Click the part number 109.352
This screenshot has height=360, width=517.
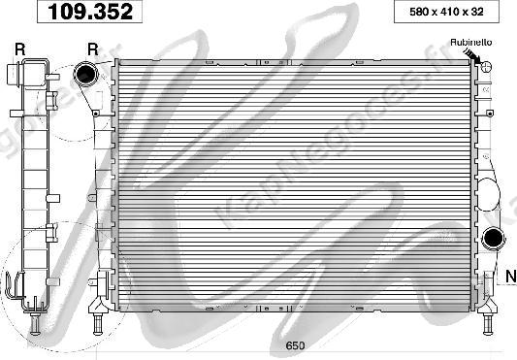(90, 12)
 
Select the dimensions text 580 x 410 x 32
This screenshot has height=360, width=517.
(446, 12)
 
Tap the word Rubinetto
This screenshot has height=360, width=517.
(470, 43)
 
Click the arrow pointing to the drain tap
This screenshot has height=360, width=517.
(472, 55)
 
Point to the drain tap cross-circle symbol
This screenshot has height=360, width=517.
(486, 67)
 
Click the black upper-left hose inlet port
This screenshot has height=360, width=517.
(86, 75)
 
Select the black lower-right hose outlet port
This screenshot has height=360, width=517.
(494, 238)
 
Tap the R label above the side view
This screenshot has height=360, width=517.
(20, 49)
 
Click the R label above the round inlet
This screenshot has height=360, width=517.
(93, 49)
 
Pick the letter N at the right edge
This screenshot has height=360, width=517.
(511, 276)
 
